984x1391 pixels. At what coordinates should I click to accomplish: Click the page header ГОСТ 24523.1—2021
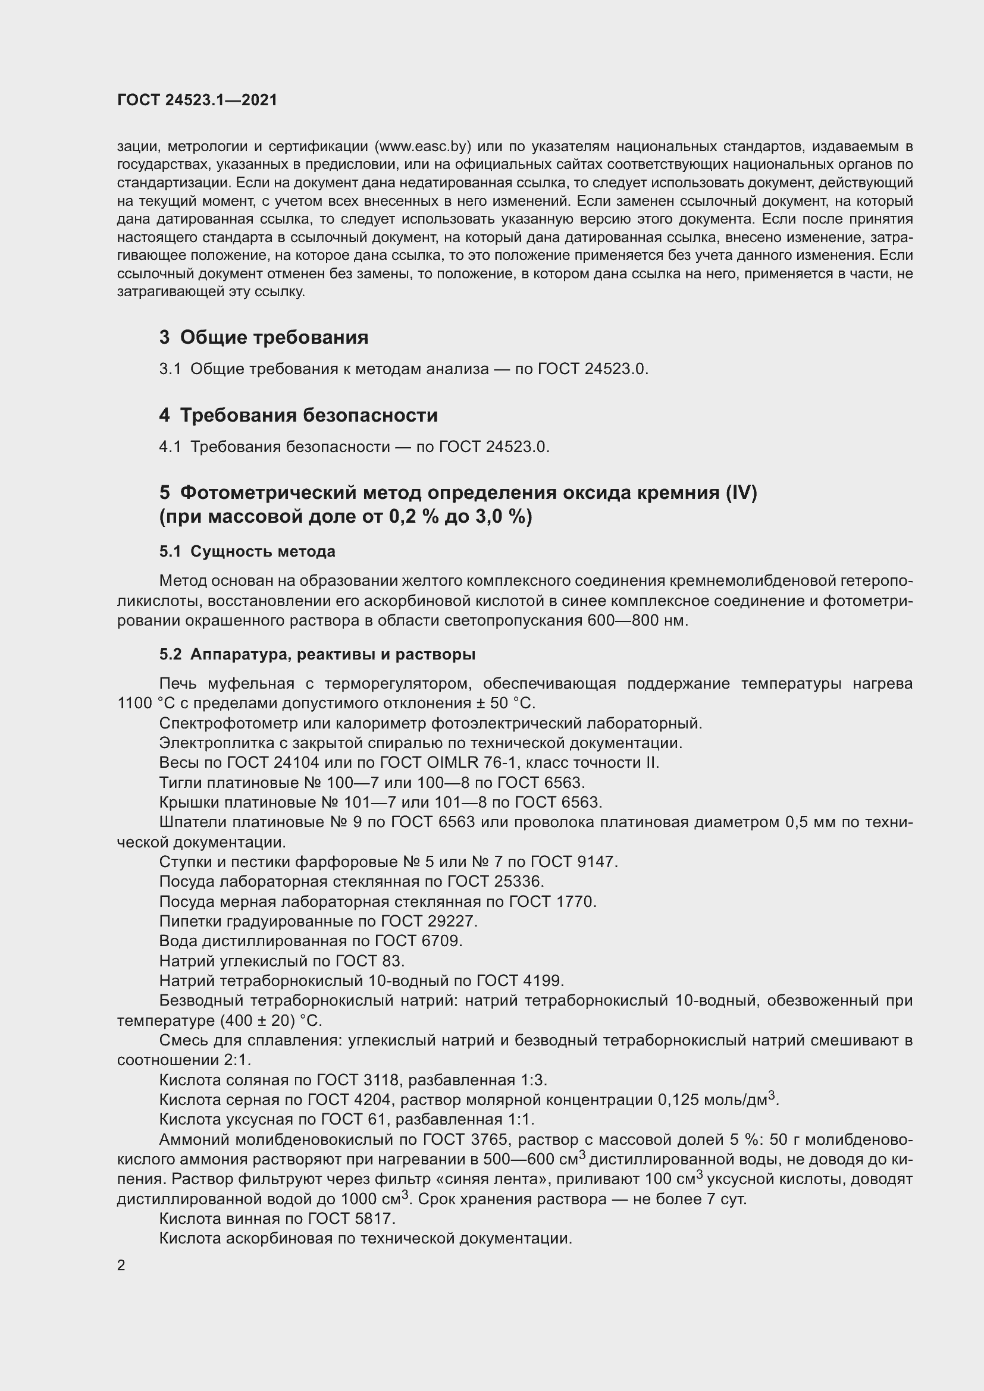coord(197,100)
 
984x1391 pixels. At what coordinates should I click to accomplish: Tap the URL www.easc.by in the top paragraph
coord(424,146)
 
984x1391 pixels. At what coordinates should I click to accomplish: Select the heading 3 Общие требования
coord(264,337)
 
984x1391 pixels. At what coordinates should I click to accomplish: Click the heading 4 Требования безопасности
coord(298,415)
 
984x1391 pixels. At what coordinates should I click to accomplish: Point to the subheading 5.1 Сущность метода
coord(247,551)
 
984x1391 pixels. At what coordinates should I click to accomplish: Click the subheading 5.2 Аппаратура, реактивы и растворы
coord(317,654)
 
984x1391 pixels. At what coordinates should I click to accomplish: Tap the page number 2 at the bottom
coord(121,1266)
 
